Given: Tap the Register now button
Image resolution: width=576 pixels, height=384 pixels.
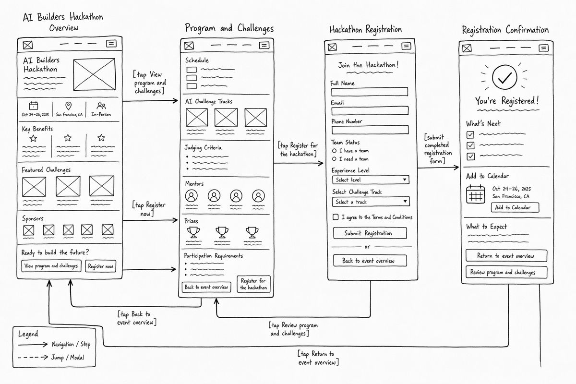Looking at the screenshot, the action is [x=100, y=266].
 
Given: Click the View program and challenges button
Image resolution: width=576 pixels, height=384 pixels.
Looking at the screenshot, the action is [x=51, y=266].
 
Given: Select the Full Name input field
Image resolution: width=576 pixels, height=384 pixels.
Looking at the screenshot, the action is [x=370, y=92].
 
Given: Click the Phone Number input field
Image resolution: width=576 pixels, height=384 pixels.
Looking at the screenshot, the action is [x=370, y=130].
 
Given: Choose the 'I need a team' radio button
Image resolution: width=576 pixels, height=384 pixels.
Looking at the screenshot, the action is [x=334, y=159].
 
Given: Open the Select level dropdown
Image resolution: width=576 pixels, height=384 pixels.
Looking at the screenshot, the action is [x=371, y=180].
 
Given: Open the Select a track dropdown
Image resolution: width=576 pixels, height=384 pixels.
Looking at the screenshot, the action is [x=371, y=202].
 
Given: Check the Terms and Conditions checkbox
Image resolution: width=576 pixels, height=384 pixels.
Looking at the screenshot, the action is [x=336, y=217].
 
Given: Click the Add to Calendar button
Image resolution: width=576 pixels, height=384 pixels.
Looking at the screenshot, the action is [x=515, y=207].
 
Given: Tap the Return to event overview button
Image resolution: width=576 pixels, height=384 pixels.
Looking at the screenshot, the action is [x=506, y=256].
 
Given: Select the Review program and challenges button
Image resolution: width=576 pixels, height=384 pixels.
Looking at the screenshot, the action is [x=506, y=272].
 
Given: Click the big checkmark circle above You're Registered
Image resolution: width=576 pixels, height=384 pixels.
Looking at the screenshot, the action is [x=504, y=77].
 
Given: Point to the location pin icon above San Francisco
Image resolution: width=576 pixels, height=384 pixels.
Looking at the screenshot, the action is [x=68, y=106].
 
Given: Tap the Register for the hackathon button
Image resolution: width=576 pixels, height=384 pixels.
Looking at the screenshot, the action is [x=253, y=284].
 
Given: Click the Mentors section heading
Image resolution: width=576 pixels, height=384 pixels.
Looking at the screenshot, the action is [x=194, y=184].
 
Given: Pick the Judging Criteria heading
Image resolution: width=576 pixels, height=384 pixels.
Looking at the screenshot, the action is [x=203, y=148].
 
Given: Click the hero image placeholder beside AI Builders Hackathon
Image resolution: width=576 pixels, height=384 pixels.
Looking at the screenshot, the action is [x=94, y=74].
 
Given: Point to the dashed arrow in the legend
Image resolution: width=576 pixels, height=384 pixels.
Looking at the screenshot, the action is [x=33, y=357].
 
